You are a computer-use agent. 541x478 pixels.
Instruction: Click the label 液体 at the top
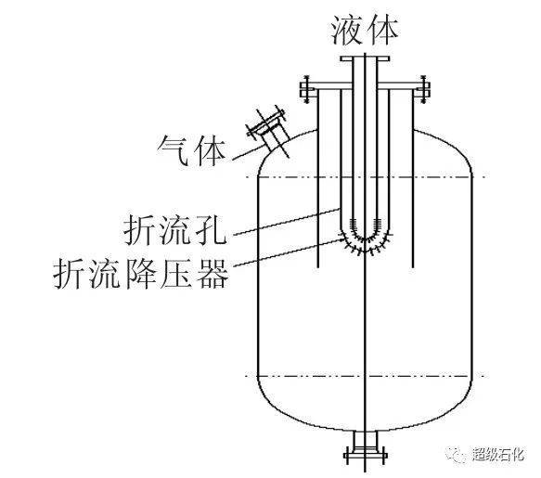tap(365, 31)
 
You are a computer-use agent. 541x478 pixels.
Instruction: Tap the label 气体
tap(192, 150)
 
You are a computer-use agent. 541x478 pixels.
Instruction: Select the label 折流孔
tap(175, 229)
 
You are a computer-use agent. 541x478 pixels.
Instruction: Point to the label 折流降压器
tap(141, 274)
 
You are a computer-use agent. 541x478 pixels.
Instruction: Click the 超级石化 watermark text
tap(498, 454)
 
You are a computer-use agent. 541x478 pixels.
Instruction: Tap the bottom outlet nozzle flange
tap(366, 455)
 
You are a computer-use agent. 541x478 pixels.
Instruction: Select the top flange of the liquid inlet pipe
tap(365, 58)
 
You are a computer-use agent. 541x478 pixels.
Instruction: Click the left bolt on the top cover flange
tap(306, 89)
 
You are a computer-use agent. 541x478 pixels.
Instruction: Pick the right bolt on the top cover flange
tap(424, 89)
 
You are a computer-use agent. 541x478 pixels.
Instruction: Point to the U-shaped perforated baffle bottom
tap(365, 239)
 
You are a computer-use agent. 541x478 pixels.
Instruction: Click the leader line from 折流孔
tap(288, 222)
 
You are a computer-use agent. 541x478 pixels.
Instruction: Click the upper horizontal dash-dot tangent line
tap(366, 177)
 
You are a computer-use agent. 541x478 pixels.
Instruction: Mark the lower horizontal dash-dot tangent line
tap(366, 376)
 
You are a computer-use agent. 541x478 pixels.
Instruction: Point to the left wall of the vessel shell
tap(258, 276)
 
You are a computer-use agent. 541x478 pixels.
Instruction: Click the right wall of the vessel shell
tap(471, 276)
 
